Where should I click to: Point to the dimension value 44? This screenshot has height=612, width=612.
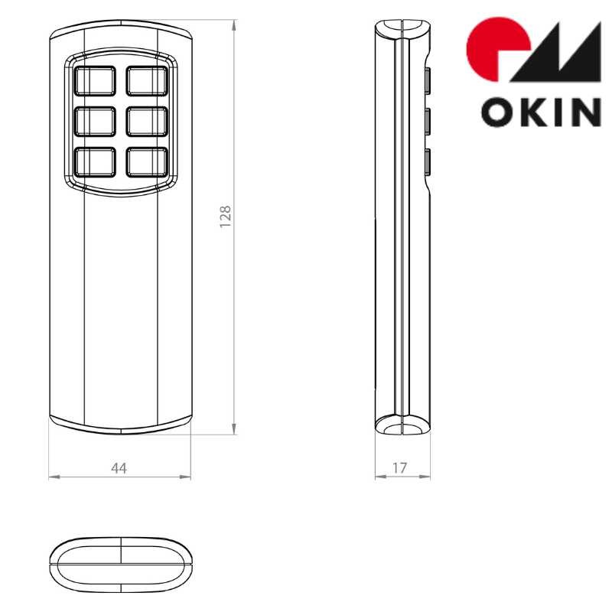tap(119, 468)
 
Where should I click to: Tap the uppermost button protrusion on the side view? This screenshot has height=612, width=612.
tap(428, 80)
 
